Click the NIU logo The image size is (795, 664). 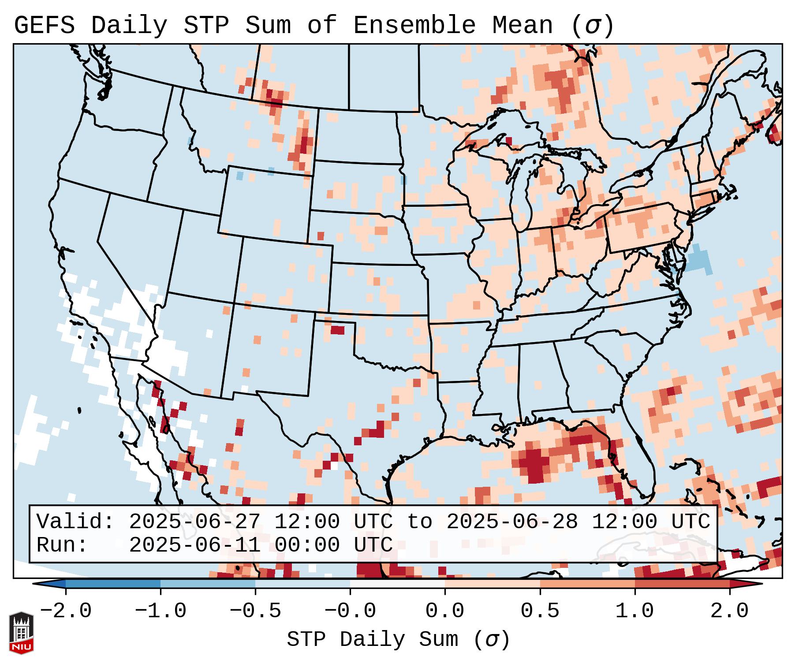21,633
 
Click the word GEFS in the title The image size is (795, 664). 44,26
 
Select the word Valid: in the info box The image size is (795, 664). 75,522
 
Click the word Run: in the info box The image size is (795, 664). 62,545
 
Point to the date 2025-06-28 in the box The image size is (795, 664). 512,522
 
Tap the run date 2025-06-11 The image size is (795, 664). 194,545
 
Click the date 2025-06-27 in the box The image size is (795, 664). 194,522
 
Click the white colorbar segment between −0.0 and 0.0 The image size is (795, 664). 397,584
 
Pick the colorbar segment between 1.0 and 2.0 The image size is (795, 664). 682,584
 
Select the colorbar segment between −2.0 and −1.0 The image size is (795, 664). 113,584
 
